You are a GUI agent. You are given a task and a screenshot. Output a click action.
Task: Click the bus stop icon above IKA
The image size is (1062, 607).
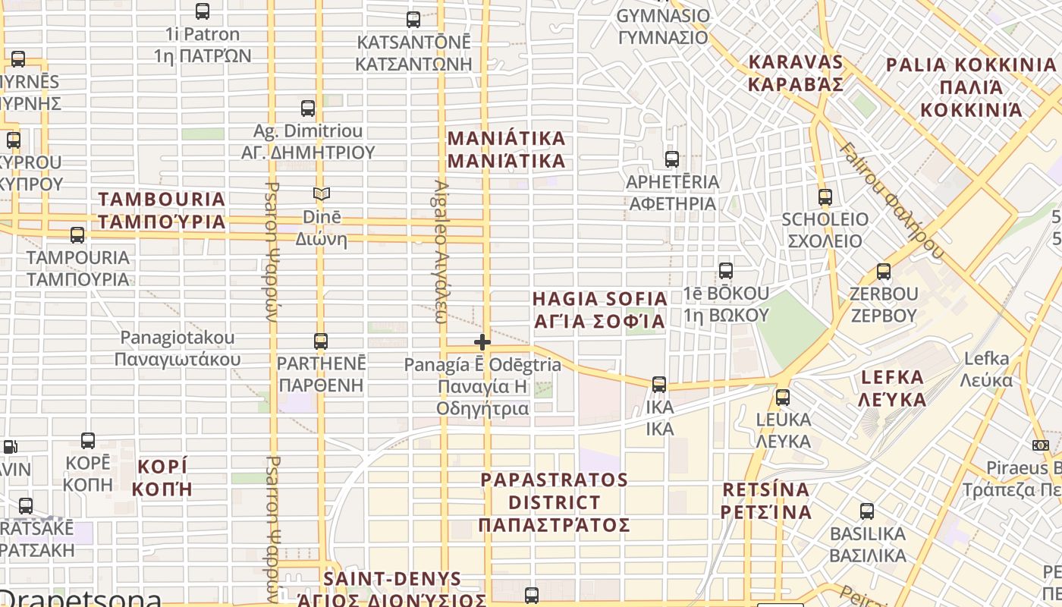coord(659,385)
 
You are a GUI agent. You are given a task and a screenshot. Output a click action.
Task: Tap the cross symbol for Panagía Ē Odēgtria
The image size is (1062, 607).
coord(482,342)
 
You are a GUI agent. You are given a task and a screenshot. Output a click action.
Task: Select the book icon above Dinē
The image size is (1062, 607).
coord(322,194)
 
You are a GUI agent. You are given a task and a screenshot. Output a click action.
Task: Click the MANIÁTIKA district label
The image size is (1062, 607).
coord(507,149)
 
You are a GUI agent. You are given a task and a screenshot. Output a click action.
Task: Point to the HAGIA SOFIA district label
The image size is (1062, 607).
coord(599,310)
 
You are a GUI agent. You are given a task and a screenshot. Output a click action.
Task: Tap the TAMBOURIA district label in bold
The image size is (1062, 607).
coord(162,210)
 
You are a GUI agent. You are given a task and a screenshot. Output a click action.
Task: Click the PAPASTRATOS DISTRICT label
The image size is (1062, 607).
coord(555,502)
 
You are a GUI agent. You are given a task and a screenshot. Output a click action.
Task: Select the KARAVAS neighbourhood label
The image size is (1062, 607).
coord(796,73)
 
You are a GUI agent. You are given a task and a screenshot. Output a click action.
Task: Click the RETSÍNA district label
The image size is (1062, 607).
coord(766,500)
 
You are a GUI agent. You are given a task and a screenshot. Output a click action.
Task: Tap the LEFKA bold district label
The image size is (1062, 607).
coord(893,388)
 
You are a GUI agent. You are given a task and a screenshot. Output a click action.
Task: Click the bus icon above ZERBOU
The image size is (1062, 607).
coord(883,272)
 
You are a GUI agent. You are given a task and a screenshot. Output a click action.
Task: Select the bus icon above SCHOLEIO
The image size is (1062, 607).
coord(825,197)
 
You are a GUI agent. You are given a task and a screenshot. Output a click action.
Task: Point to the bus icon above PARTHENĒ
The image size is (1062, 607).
coord(321,341)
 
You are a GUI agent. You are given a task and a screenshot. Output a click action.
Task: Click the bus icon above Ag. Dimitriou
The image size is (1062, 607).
coord(308,109)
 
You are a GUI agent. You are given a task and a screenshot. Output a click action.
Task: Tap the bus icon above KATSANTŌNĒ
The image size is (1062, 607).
coord(413,20)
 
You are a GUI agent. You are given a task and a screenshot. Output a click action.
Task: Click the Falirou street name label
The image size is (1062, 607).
coord(891,201)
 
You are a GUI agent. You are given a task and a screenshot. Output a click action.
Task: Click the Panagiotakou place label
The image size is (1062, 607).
coord(178,348)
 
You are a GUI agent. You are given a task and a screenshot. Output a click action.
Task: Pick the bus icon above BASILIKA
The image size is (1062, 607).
coord(867,511)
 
